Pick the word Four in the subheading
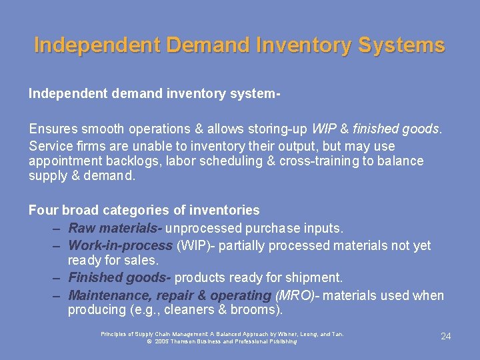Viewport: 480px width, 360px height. click(x=43, y=211)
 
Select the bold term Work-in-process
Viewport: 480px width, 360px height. click(x=120, y=245)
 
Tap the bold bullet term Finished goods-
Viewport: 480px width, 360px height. click(x=120, y=277)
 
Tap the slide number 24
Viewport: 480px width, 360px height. click(x=446, y=336)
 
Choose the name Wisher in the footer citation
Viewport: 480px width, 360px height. click(x=284, y=333)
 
